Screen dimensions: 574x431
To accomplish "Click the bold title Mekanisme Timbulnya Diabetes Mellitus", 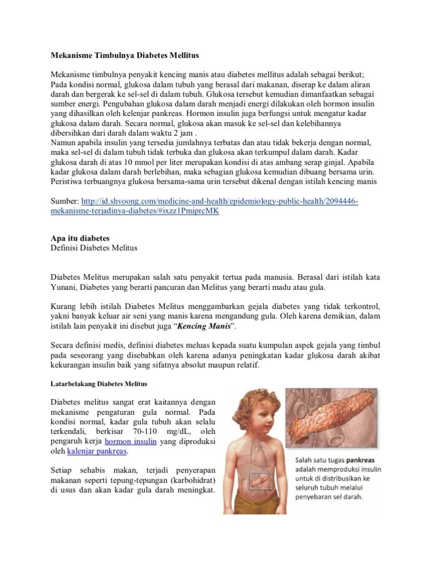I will point(125,56).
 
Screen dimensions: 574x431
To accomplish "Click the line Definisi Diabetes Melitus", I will point(94,248).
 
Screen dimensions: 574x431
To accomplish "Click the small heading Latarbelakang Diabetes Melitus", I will point(99,384).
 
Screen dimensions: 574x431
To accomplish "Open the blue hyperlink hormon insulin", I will point(130,441).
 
